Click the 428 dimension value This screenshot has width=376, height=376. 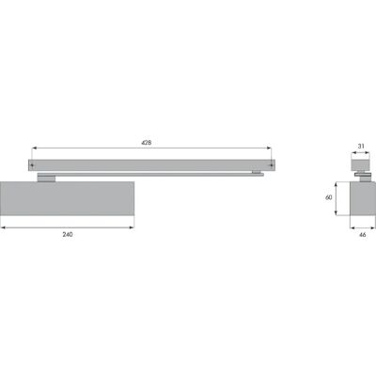147,142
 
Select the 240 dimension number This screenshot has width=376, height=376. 68,234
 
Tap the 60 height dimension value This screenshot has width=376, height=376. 329,197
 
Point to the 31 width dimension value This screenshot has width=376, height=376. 361,146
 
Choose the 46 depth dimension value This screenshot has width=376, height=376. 362,234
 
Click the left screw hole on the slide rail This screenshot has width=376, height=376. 32,164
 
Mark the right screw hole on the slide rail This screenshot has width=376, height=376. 271,164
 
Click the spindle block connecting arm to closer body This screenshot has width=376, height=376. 46,178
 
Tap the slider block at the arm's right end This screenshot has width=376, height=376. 257,172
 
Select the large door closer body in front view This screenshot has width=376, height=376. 68,198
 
